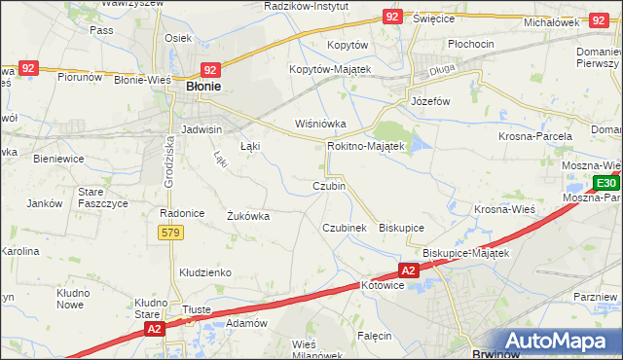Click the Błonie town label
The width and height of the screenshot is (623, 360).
(202, 87)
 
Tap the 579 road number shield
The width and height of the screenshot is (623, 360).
(171, 233)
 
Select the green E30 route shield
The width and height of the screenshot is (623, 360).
(605, 183)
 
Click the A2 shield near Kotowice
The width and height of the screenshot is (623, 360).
(408, 270)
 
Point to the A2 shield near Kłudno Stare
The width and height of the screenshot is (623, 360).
(154, 331)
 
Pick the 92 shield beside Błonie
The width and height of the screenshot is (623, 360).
(210, 69)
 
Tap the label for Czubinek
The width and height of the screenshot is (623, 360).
(345, 228)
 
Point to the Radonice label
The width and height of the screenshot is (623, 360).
(181, 213)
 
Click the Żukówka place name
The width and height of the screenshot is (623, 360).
(247, 216)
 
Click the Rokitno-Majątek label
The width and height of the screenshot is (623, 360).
(365, 146)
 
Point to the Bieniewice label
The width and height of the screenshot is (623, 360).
(55, 157)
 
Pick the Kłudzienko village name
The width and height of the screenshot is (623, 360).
(203, 273)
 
